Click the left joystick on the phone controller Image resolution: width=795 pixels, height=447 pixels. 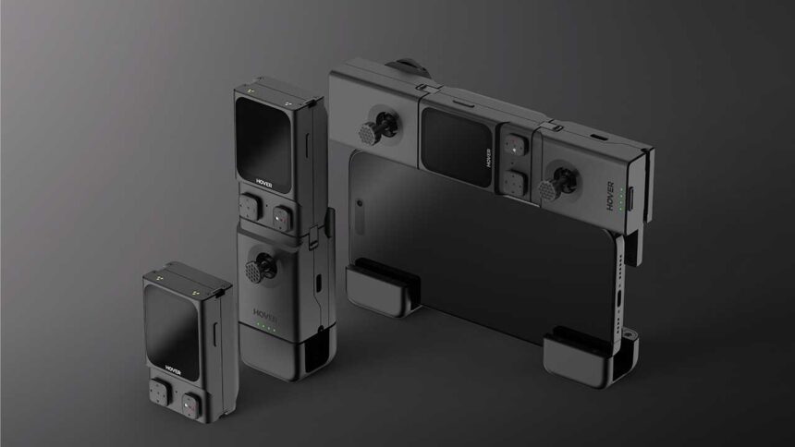click(378, 127)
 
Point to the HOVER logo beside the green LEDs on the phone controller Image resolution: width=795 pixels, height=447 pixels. click(610, 196)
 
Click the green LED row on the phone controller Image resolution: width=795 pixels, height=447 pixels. click(621, 199)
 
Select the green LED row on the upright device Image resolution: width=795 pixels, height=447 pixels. click(265, 327)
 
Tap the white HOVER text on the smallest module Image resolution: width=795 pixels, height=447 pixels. click(172, 369)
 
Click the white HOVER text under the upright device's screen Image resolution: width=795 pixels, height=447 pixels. click(264, 184)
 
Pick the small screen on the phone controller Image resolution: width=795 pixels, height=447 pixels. click(457, 147)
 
